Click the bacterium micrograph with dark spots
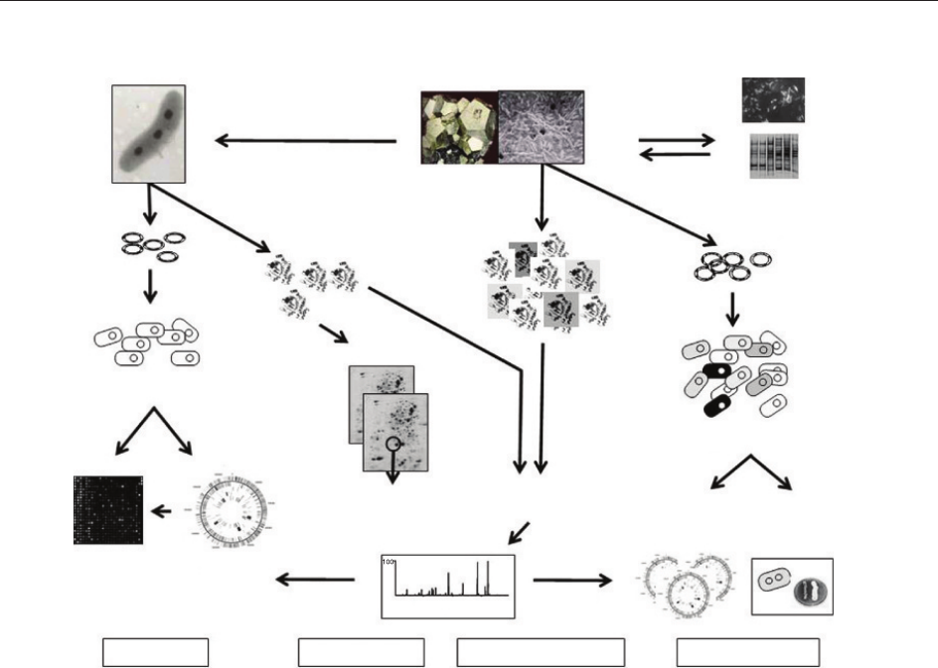[149, 133]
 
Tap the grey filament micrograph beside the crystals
[541, 127]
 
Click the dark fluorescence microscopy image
[773, 99]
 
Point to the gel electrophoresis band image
[773, 156]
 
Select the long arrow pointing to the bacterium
[306, 140]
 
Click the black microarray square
[108, 510]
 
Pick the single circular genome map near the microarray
[226, 512]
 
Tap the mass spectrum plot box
[448, 586]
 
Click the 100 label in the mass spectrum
[391, 563]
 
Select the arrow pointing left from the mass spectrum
[315, 579]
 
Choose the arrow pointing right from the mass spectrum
[573, 579]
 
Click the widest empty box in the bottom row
[541, 652]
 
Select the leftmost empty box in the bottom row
[156, 652]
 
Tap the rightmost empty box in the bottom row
[747, 652]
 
